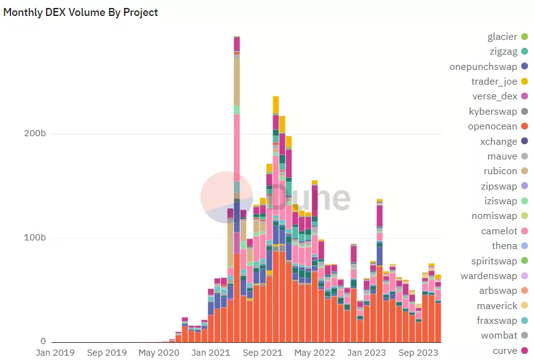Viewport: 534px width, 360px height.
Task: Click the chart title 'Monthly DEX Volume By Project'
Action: (x=80, y=12)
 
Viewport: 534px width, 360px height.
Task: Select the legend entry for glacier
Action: (x=502, y=37)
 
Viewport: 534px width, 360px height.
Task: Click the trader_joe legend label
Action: (x=494, y=82)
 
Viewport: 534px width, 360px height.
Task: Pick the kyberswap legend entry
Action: (x=493, y=111)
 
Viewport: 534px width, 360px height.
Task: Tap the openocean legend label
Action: (x=493, y=126)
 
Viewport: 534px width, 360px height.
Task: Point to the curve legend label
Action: (x=505, y=351)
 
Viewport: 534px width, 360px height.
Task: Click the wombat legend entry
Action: (x=498, y=335)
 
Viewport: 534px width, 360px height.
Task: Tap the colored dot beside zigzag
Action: (x=524, y=52)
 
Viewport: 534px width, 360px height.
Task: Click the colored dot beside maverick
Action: (x=524, y=305)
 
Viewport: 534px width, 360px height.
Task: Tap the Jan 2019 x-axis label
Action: (x=55, y=353)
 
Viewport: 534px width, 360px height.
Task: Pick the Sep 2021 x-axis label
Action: (x=263, y=353)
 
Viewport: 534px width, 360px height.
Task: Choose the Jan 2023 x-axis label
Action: (x=366, y=353)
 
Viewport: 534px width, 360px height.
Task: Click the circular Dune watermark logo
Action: (x=227, y=197)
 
